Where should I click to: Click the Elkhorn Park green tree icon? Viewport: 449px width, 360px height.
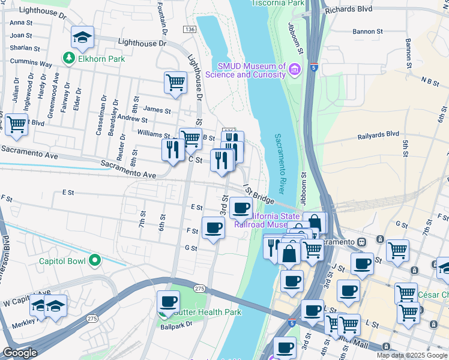pos(68,59)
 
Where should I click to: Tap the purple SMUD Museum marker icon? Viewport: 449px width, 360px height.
pos(294,70)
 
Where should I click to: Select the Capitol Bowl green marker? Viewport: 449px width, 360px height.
pos(94,261)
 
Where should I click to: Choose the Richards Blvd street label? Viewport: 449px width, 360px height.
pos(349,10)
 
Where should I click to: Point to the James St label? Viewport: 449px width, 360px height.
pos(157,110)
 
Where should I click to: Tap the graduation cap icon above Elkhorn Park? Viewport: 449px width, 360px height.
pos(82,38)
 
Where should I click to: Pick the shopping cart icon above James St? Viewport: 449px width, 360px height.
pos(175,82)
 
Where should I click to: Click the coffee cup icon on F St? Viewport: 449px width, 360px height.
pos(214,228)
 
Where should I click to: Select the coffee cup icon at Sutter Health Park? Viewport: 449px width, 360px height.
pos(169,302)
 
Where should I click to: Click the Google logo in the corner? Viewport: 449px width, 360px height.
pos(19,353)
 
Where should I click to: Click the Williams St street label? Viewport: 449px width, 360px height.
pos(154,134)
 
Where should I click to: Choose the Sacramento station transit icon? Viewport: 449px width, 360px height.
pos(362,241)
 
